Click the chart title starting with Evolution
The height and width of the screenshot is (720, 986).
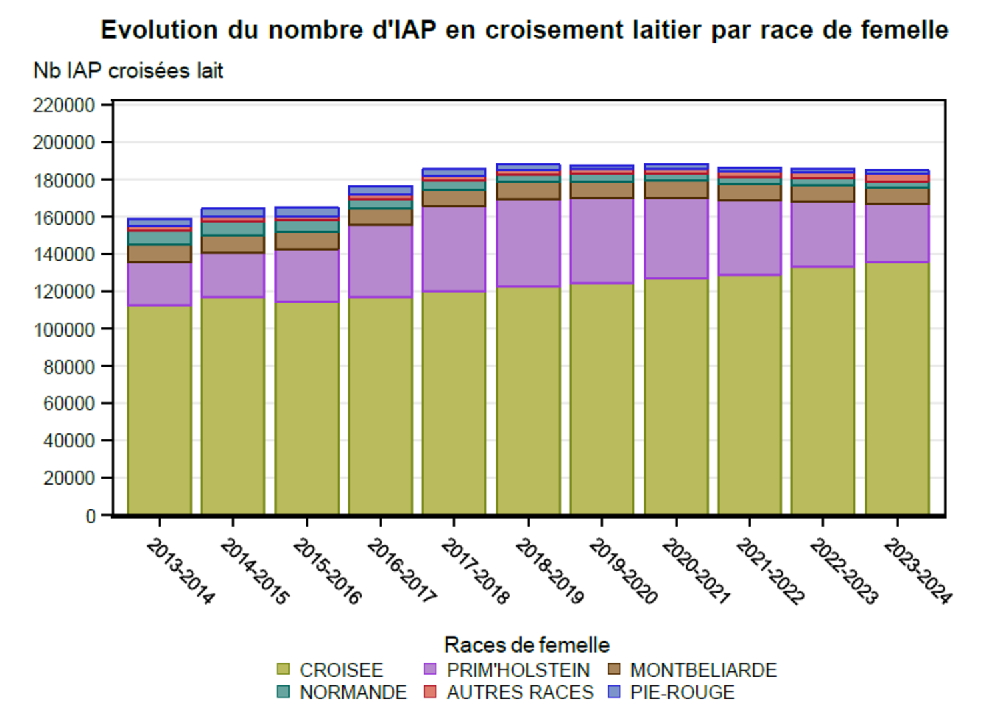pyautogui.click(x=524, y=30)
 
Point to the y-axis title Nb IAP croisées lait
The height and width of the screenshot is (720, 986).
pyautogui.click(x=128, y=71)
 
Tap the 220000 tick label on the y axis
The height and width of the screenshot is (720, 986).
pyautogui.click(x=64, y=105)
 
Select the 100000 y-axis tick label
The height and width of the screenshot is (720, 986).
pyautogui.click(x=64, y=329)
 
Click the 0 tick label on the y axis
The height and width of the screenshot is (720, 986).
pyautogui.click(x=90, y=516)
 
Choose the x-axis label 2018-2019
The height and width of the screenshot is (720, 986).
pyautogui.click(x=549, y=571)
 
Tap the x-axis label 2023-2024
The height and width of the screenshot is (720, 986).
pyautogui.click(x=917, y=571)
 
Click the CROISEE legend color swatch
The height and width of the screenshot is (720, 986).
pyautogui.click(x=283, y=669)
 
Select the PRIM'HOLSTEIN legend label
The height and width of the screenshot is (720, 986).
pyautogui.click(x=518, y=670)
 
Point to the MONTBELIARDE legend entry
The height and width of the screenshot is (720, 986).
pyautogui.click(x=703, y=670)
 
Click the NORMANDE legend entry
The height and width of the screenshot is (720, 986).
pyautogui.click(x=353, y=693)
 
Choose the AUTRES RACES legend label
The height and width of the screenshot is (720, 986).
pyautogui.click(x=520, y=693)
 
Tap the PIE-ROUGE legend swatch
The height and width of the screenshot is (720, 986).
pyautogui.click(x=614, y=692)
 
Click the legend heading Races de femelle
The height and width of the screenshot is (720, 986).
pyautogui.click(x=526, y=645)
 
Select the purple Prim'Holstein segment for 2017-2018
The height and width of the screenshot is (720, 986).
pyautogui.click(x=454, y=249)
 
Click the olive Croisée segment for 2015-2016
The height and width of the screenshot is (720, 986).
pyautogui.click(x=306, y=408)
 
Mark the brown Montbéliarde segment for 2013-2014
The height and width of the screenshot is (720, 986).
pyautogui.click(x=159, y=254)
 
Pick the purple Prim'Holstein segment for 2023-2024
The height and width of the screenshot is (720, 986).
pyautogui.click(x=897, y=233)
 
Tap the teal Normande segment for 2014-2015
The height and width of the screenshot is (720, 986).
pyautogui.click(x=233, y=228)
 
